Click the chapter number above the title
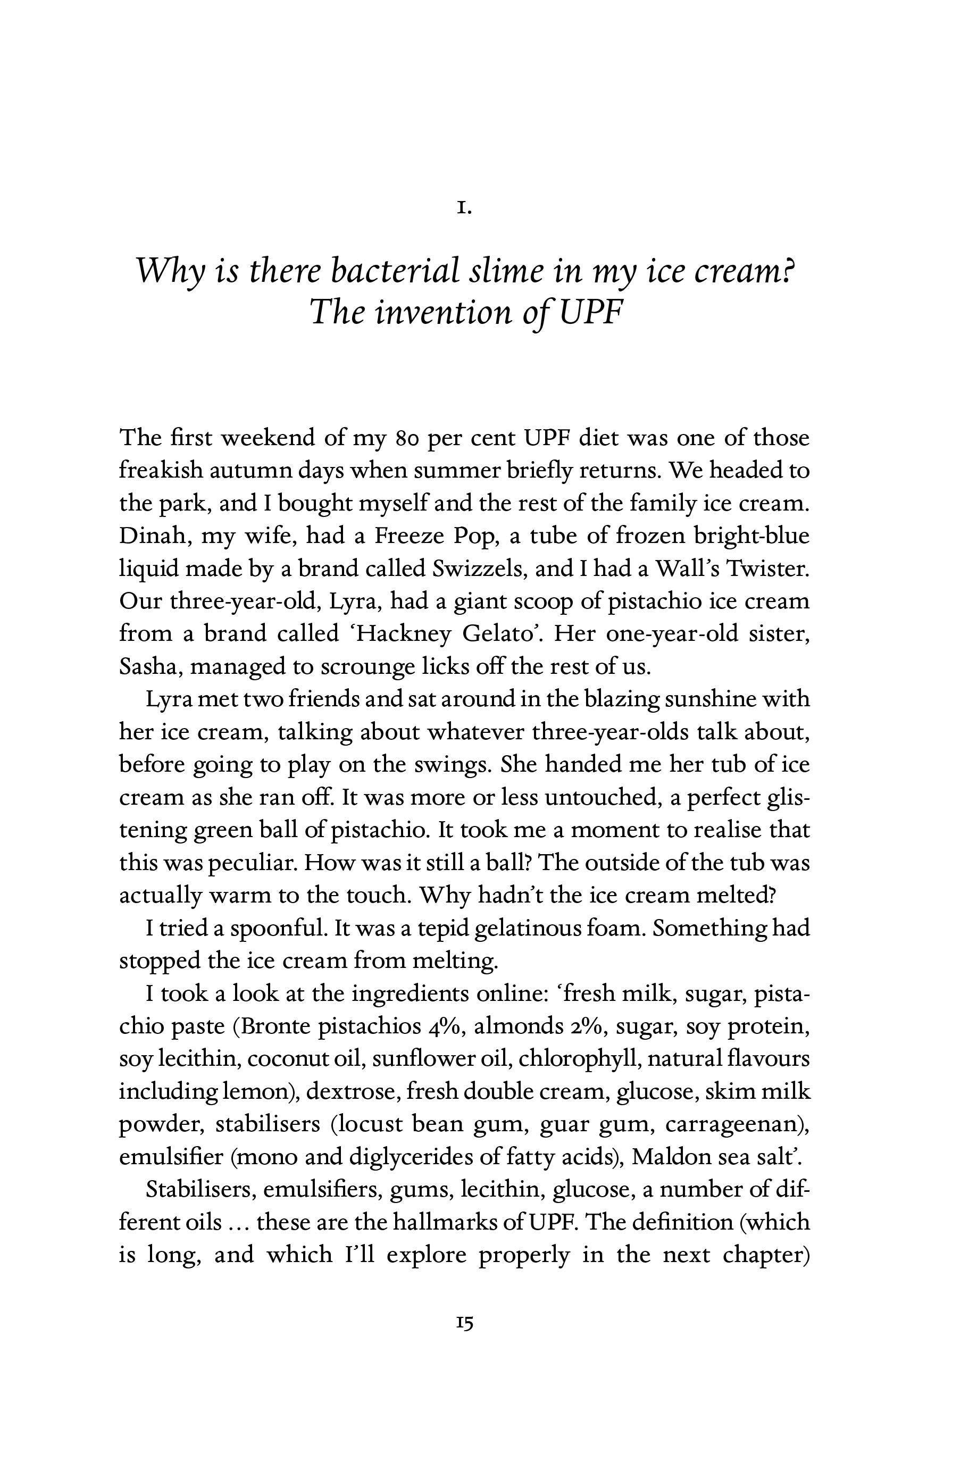pyautogui.click(x=464, y=209)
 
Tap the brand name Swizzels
pyautogui.click(x=479, y=568)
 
